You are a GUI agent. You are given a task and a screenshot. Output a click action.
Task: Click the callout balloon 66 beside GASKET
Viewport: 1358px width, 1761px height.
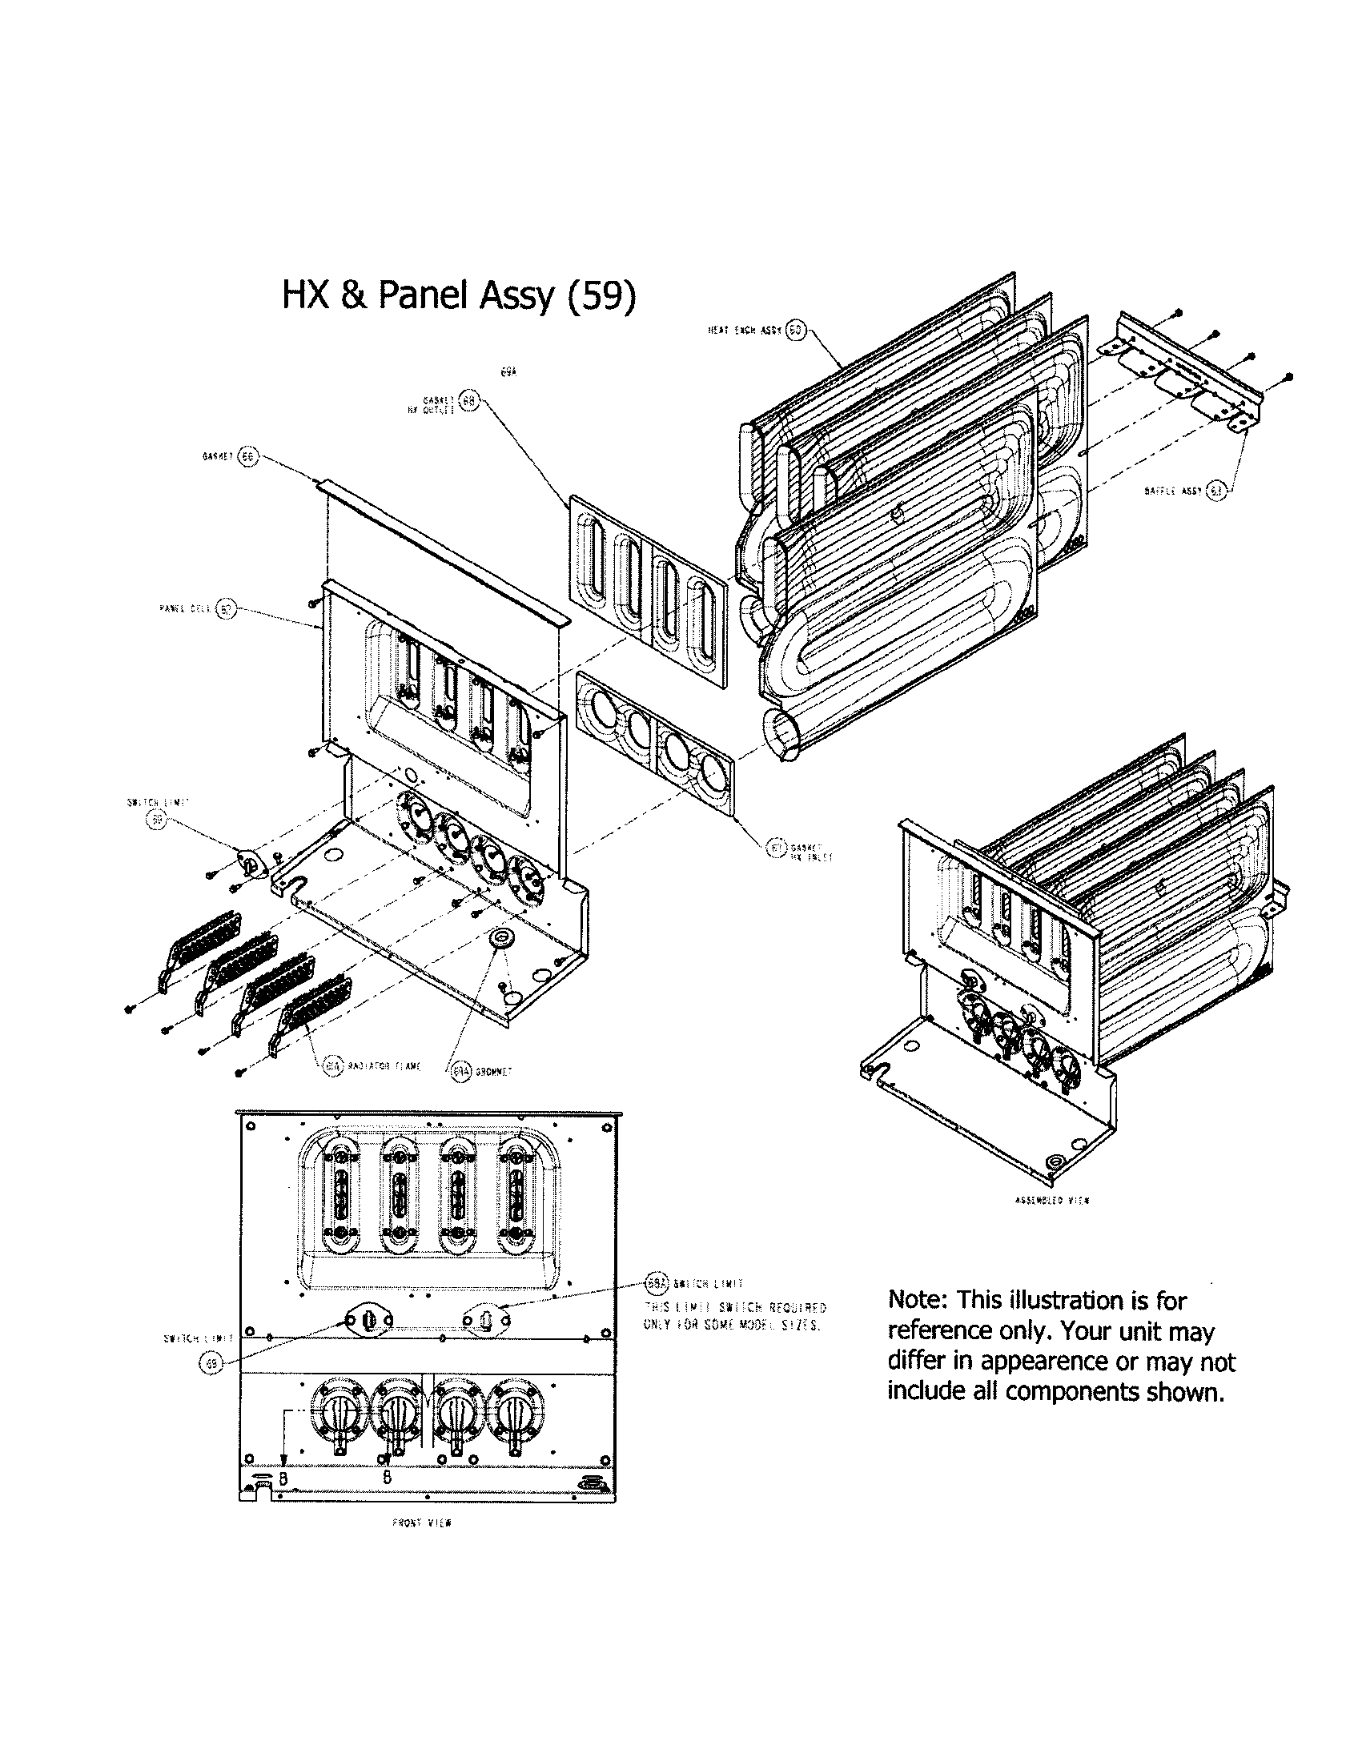[247, 456]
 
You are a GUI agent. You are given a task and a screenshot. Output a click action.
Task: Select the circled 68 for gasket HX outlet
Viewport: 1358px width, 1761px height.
[468, 401]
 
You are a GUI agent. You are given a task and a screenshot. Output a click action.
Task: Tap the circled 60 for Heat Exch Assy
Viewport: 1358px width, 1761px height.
[795, 331]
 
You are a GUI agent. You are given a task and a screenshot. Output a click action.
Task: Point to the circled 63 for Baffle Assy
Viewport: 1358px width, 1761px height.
[1216, 490]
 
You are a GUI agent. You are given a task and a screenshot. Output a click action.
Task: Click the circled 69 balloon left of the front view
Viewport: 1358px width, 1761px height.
[210, 1362]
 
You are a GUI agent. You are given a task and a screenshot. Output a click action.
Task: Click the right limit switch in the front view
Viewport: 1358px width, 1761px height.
[486, 1319]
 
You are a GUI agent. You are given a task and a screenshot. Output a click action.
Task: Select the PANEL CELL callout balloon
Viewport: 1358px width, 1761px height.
[226, 610]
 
